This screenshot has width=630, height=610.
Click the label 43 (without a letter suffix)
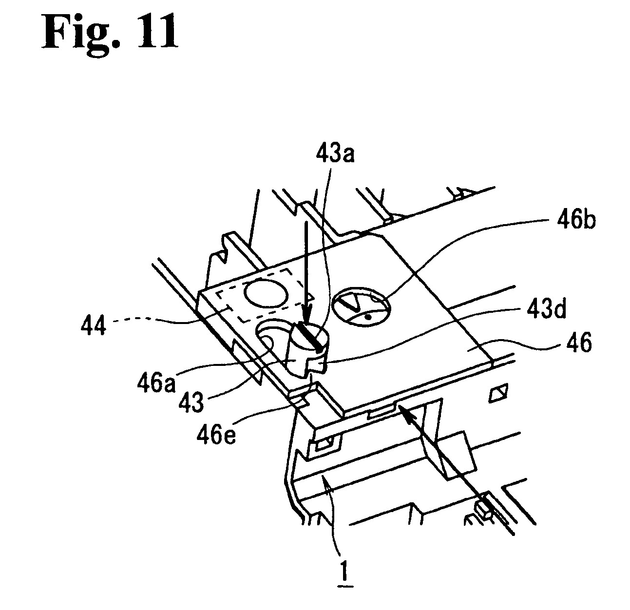point(192,402)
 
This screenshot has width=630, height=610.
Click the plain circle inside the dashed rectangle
point(266,294)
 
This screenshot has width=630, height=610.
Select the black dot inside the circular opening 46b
point(367,317)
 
